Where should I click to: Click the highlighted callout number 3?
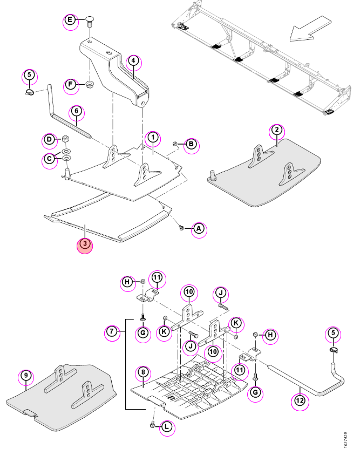[85, 244]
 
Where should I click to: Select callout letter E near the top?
[70, 20]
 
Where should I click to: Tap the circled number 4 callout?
[133, 60]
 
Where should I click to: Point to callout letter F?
[71, 85]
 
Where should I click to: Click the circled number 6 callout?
[77, 111]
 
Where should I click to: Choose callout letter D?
[50, 140]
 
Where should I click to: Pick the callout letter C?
[50, 159]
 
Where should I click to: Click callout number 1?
[153, 138]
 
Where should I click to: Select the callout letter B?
[191, 144]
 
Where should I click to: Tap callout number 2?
[277, 130]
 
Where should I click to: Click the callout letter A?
[199, 228]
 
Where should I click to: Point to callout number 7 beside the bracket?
[112, 331]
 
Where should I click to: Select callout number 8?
[143, 372]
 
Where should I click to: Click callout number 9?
[26, 376]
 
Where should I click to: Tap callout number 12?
[300, 400]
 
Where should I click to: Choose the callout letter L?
[167, 427]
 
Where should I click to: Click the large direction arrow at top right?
[310, 29]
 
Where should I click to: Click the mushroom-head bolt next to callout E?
[90, 22]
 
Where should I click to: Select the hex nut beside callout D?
[66, 140]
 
